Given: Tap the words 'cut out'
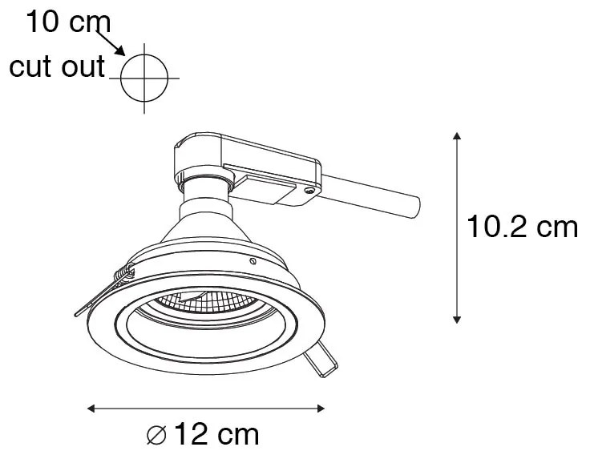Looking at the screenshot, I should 56,67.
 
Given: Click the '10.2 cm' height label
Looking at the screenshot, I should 522,227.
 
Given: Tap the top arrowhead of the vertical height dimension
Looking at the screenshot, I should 457,137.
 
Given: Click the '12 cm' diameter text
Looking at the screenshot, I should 216,435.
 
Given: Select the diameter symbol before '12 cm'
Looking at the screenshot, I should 157,436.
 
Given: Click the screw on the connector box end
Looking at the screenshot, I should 309,190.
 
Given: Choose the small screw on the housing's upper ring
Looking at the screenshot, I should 253,261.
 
